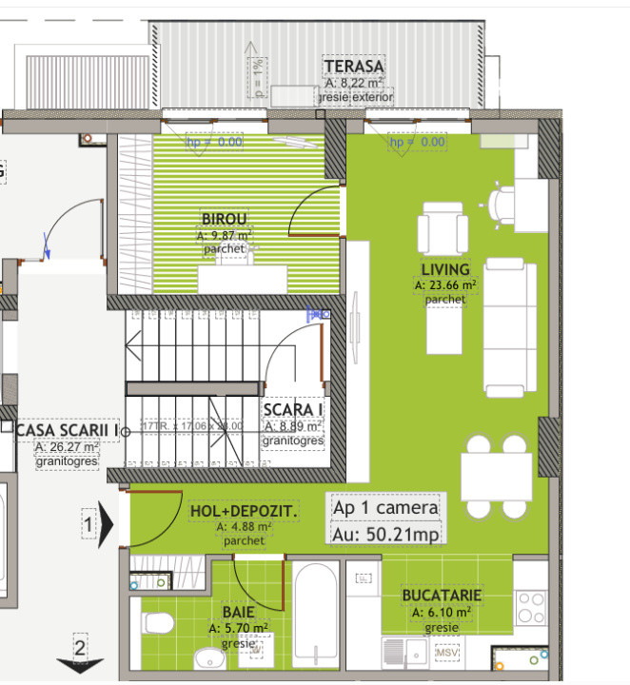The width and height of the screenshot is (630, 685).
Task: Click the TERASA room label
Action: tap(353, 67)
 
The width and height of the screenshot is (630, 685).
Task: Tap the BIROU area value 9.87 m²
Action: tap(225, 234)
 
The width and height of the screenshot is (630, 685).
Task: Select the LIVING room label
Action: tap(445, 269)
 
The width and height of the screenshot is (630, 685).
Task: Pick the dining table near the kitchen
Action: tap(496, 477)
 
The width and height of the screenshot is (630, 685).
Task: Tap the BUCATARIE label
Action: tap(441, 596)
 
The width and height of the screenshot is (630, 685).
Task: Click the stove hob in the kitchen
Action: tap(531, 605)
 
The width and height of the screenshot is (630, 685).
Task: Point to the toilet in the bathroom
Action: tap(157, 623)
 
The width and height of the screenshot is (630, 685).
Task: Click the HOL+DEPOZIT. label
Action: tap(244, 512)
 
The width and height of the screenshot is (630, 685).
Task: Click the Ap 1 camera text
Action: tap(385, 507)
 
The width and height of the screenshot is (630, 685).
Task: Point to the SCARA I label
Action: tap(293, 410)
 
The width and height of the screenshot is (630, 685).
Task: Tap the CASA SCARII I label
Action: tap(67, 430)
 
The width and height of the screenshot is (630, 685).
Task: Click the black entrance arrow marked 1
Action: tap(107, 522)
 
